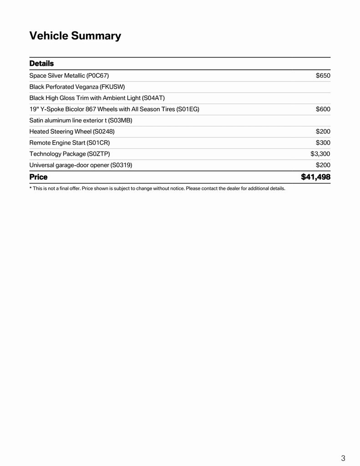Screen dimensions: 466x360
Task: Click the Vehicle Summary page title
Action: tap(75, 36)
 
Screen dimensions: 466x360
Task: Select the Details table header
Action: tap(41, 63)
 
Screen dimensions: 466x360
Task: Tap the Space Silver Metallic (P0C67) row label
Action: tap(69, 76)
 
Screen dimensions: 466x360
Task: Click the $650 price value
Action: tap(323, 76)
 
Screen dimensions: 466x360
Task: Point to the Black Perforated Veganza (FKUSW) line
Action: tap(77, 86)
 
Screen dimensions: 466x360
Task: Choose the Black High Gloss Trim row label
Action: tap(97, 98)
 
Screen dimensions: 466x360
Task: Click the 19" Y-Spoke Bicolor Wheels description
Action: tap(114, 109)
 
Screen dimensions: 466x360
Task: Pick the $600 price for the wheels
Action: tap(323, 109)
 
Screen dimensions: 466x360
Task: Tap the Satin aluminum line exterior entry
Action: tap(81, 120)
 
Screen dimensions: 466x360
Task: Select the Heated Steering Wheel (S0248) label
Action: tap(72, 132)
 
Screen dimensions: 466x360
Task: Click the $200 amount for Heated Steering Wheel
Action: tap(323, 132)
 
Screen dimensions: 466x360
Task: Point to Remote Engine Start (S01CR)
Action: tap(70, 142)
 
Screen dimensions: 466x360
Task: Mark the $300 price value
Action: tap(323, 142)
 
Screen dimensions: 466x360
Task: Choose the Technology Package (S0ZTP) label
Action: tap(70, 154)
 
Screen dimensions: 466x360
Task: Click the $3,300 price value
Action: tap(320, 154)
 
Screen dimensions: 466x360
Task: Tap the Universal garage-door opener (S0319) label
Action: tap(81, 165)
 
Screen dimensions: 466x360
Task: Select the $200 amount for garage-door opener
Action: tap(323, 165)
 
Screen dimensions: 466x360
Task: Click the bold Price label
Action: tap(38, 177)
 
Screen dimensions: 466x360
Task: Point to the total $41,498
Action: tap(315, 177)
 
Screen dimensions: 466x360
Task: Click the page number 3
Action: tap(343, 458)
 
